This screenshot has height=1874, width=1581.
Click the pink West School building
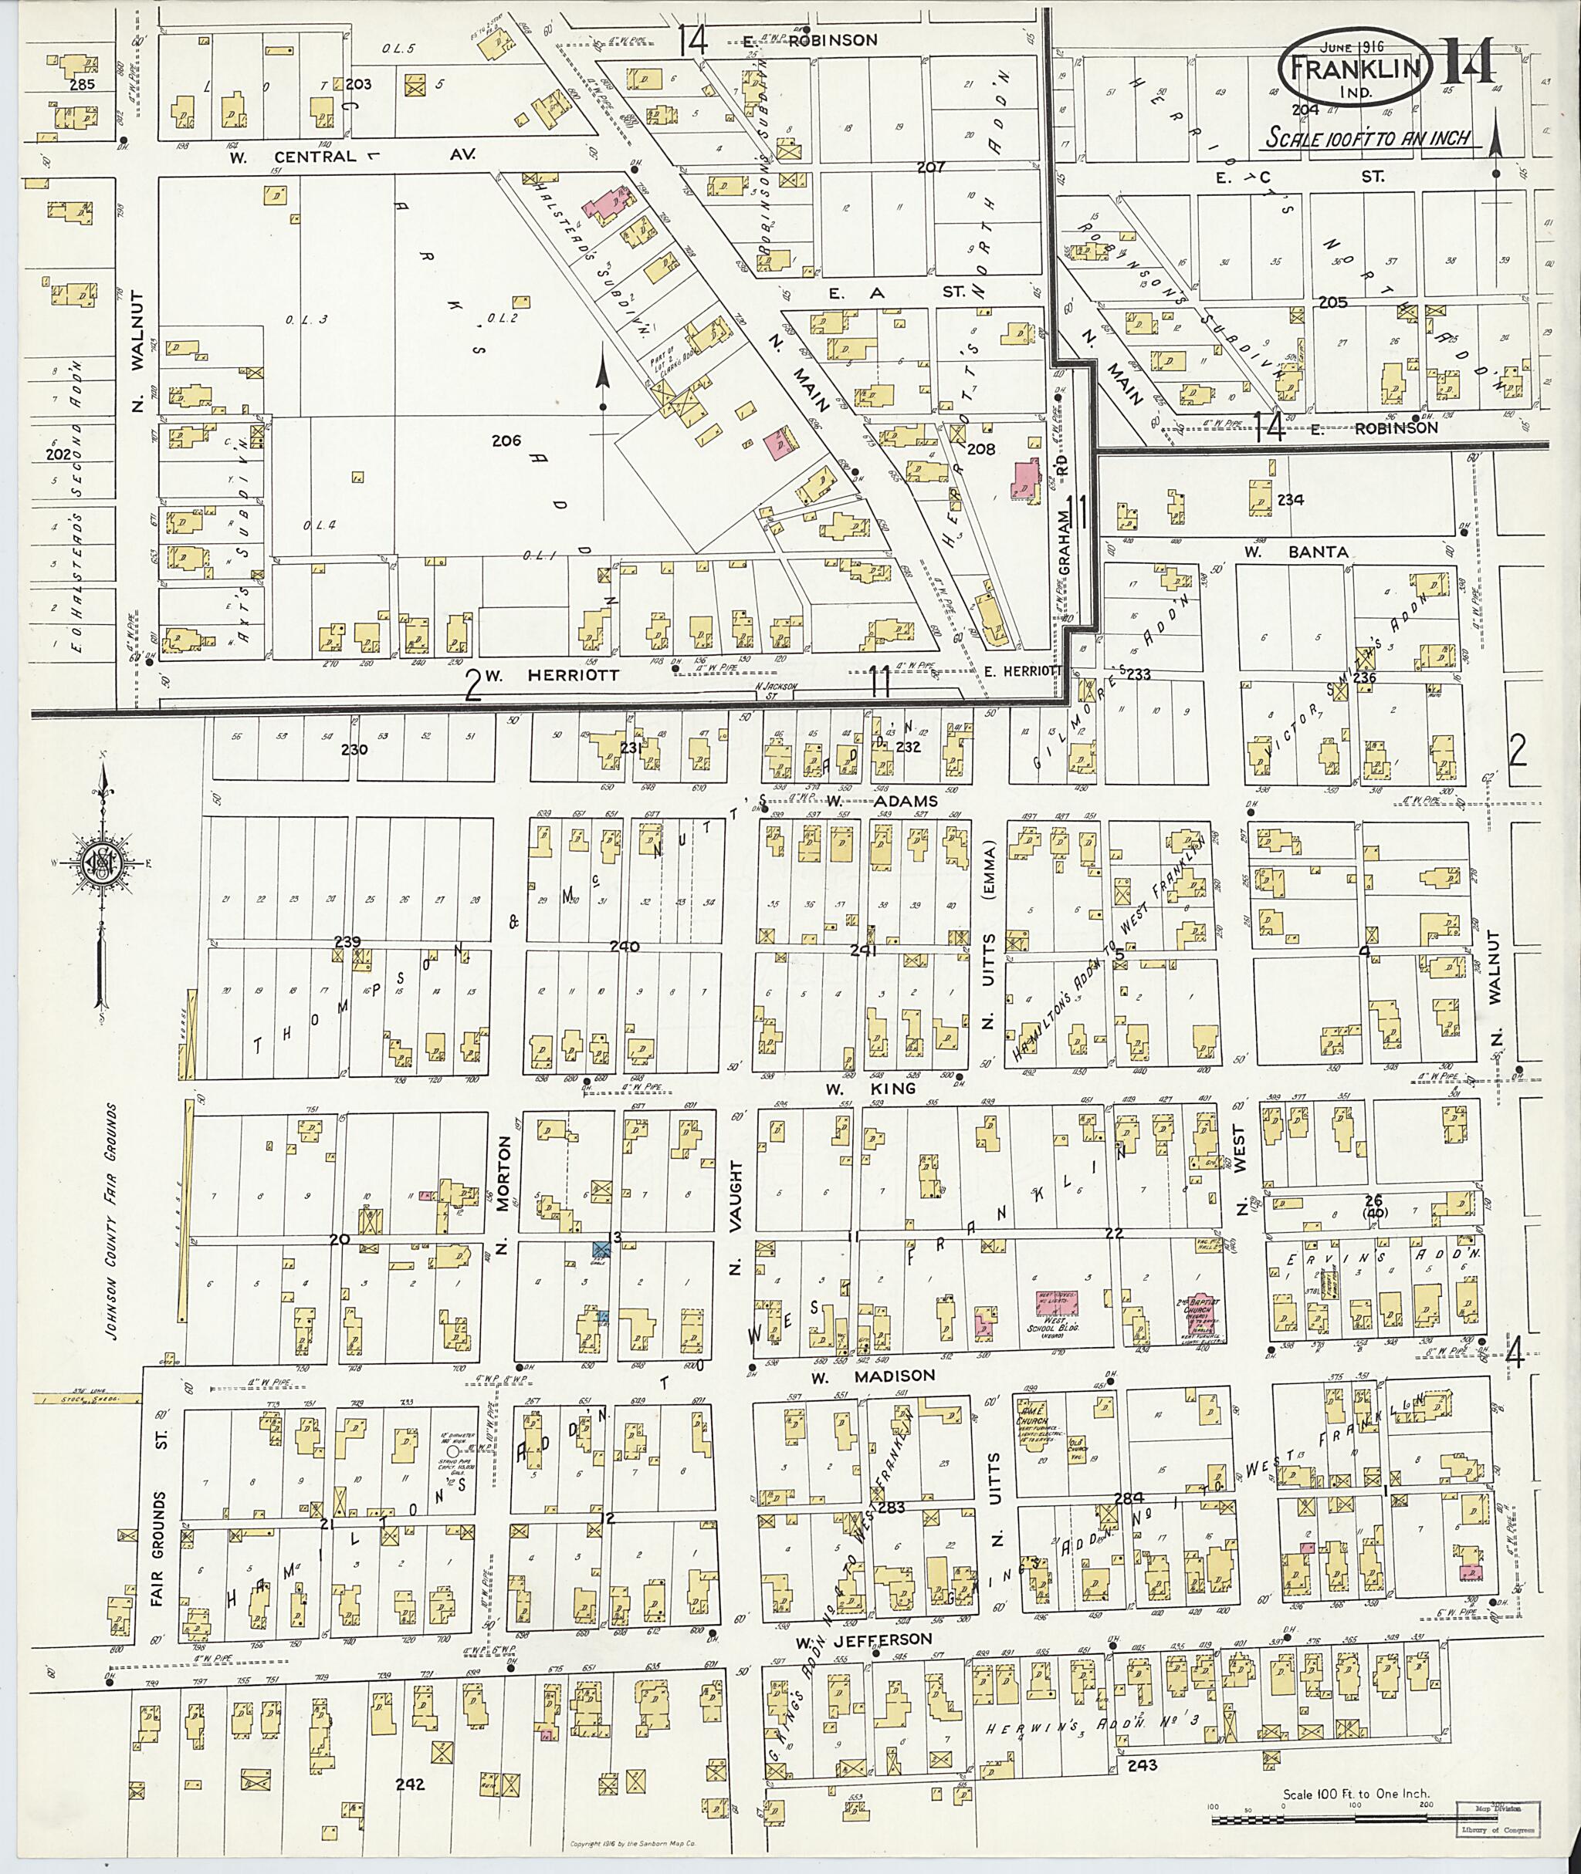(1057, 1302)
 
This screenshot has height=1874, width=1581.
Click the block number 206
(506, 440)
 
